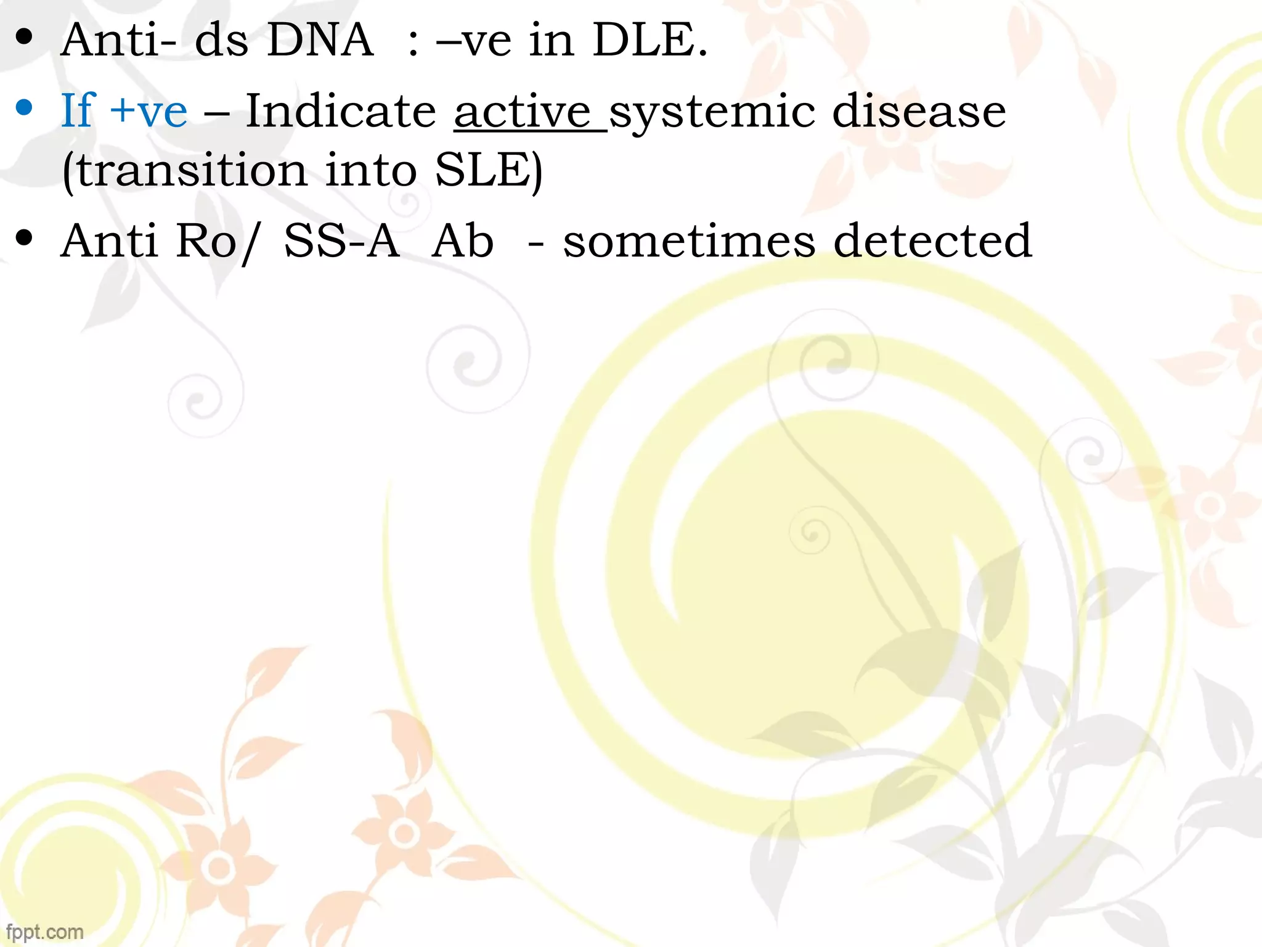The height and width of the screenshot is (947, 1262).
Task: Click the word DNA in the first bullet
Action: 320,40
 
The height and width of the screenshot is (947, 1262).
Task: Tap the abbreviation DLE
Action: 648,40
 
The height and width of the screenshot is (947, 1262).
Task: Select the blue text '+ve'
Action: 148,111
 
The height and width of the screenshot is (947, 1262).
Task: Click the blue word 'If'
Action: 78,111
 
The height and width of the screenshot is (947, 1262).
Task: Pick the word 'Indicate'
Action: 341,111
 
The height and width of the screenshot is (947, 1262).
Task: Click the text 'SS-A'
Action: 341,240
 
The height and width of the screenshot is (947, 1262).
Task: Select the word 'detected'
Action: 932,240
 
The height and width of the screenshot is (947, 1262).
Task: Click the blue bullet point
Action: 25,108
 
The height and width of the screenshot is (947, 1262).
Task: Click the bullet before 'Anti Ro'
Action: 25,237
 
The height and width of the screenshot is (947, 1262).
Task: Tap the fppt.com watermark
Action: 44,932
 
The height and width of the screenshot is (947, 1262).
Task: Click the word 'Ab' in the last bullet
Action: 463,240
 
